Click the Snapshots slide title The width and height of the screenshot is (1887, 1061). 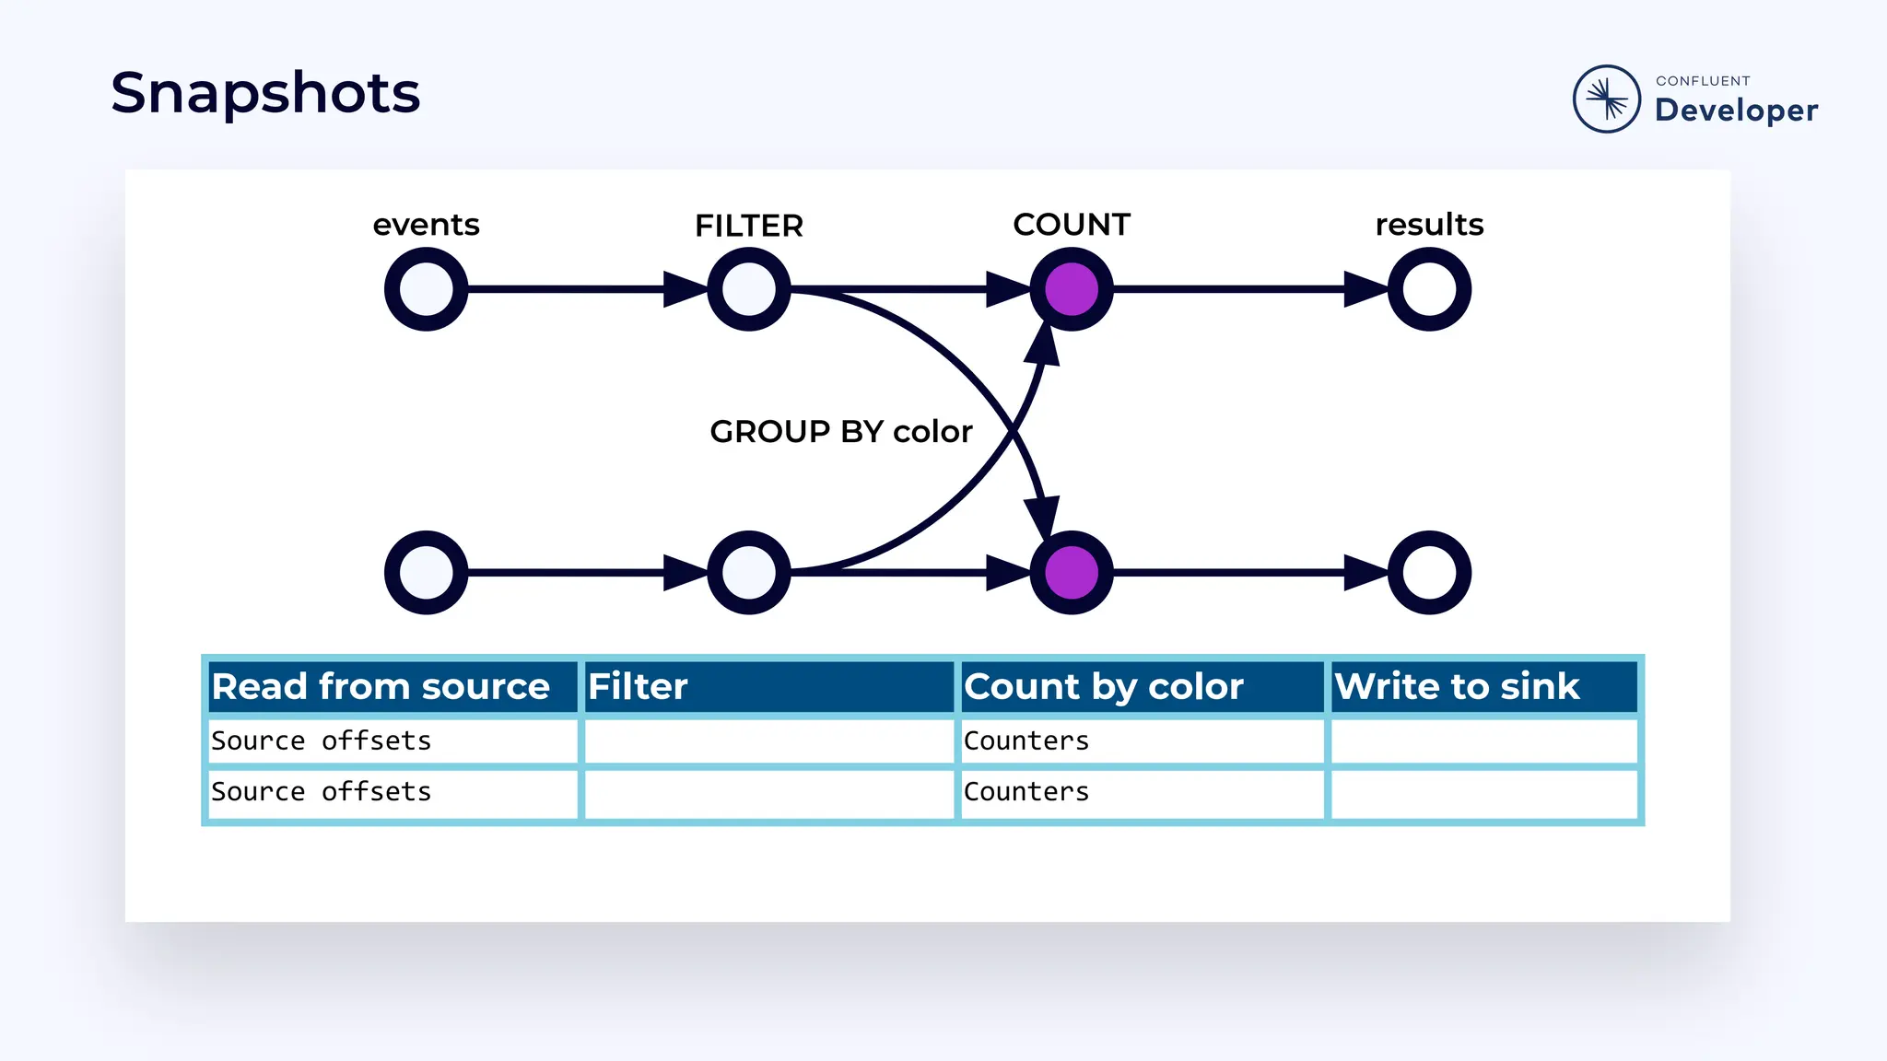265,94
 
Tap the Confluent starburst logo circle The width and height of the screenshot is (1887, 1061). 1606,99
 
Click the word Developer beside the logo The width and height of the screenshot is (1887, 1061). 1736,111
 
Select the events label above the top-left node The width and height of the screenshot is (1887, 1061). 426,225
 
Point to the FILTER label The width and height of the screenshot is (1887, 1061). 748,226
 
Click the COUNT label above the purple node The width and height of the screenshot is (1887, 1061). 1071,225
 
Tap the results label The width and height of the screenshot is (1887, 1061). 1429,225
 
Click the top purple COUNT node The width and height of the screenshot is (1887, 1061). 1071,289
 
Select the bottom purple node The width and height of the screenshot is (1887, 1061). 1071,573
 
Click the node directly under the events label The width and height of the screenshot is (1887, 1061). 426,289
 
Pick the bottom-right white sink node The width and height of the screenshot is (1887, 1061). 1429,573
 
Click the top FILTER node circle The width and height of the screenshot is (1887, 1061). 748,289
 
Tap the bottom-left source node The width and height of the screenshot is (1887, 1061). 426,573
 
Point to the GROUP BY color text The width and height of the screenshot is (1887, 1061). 840,431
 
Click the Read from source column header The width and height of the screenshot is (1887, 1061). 381,687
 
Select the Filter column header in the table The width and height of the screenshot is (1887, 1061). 638,687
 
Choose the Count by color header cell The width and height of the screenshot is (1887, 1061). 1103,687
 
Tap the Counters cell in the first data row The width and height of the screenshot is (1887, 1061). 1026,740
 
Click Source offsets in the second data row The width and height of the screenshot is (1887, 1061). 321,791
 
